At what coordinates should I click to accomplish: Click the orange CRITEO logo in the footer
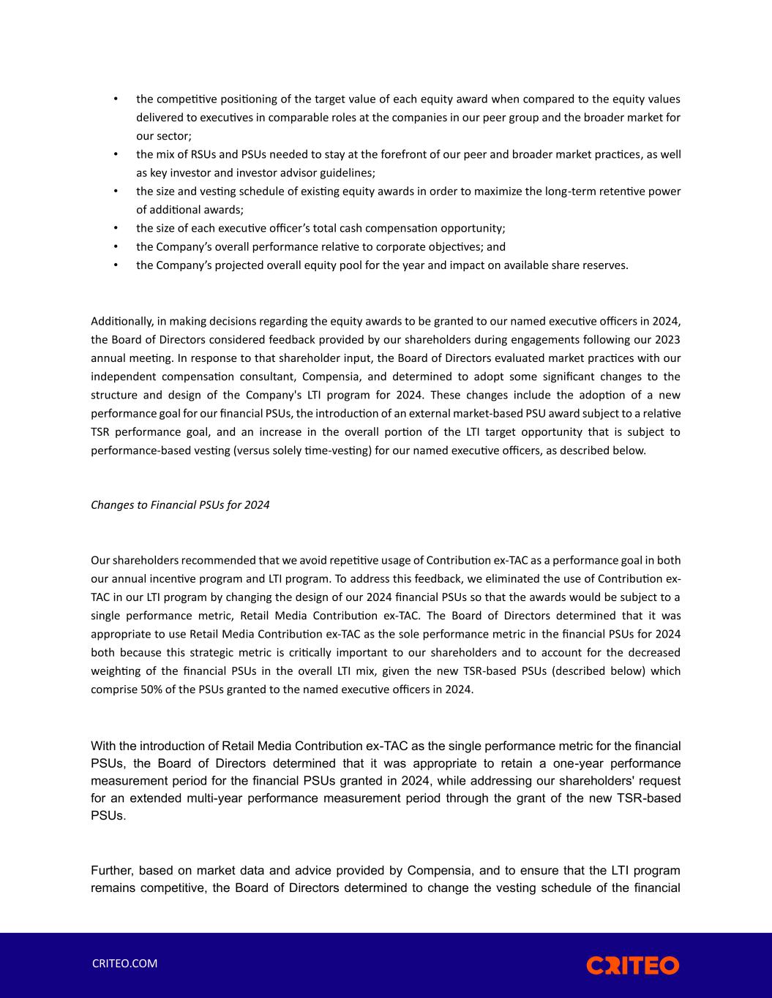pyautogui.click(x=632, y=965)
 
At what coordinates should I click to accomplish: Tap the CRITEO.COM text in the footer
pyautogui.click(x=124, y=964)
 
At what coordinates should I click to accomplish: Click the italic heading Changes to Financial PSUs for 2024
pyautogui.click(x=180, y=505)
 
